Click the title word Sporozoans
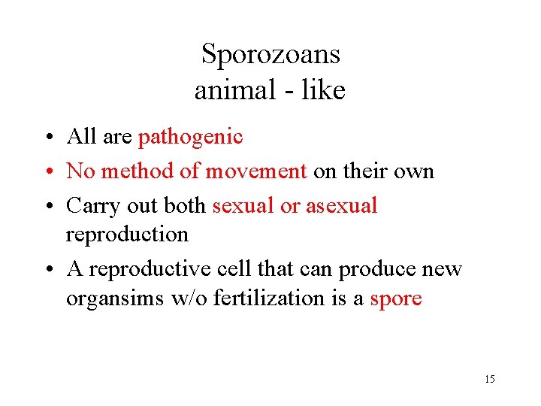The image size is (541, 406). click(270, 54)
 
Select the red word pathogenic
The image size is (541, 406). click(191, 136)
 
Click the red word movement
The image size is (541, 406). click(256, 171)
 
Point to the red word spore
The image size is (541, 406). click(396, 298)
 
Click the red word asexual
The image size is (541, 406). click(341, 205)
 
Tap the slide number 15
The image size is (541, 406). click(490, 379)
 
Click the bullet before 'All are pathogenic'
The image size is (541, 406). click(47, 138)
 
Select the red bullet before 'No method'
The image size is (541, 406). click(47, 172)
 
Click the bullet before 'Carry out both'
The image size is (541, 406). click(47, 207)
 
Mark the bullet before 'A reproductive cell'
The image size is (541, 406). click(47, 270)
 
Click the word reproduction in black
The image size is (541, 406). click(127, 235)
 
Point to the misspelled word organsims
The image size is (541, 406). click(116, 298)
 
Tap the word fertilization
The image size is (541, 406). click(267, 298)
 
